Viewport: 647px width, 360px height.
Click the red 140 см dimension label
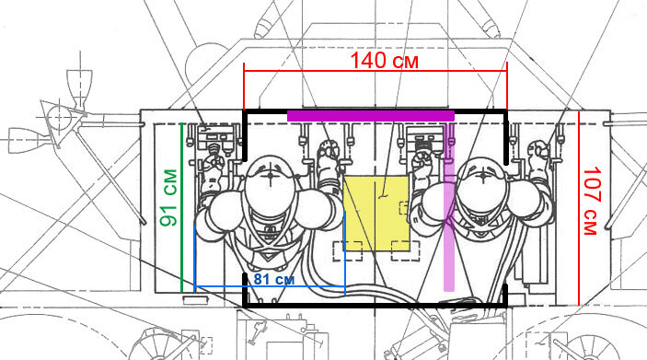[384, 60]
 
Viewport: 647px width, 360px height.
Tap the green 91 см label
[168, 198]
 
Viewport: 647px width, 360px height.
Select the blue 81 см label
[274, 279]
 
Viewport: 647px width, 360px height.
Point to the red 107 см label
[590, 201]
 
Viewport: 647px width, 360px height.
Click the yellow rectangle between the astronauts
[376, 214]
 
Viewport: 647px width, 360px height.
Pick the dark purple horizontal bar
[371, 116]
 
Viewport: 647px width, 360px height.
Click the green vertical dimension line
[182, 207]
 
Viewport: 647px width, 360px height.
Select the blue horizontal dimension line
[270, 286]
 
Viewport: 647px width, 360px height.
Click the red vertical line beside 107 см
[579, 208]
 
